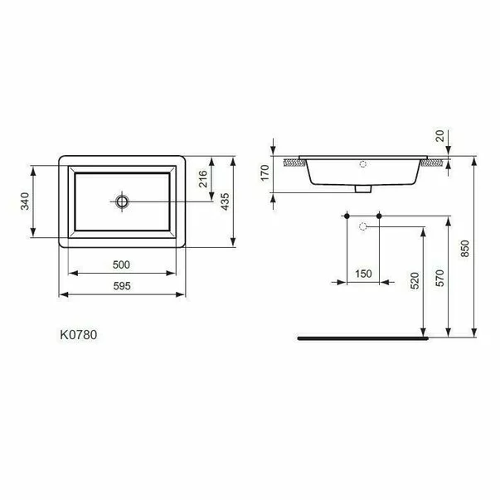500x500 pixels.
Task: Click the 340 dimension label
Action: click(x=26, y=201)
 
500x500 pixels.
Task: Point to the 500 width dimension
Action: click(x=121, y=265)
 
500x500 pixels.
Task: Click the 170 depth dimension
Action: click(x=265, y=172)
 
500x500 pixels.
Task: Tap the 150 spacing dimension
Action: click(x=362, y=274)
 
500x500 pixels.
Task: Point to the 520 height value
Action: click(x=416, y=282)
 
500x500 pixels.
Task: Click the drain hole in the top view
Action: click(x=123, y=201)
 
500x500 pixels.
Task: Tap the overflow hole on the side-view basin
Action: click(x=362, y=164)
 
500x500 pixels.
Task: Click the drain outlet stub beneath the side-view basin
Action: click(x=362, y=189)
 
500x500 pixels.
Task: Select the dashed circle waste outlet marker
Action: click(x=362, y=226)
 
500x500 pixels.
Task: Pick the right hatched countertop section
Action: click(x=430, y=164)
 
